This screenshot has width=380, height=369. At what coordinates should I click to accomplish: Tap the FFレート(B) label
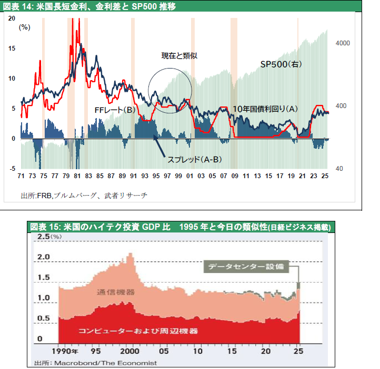115,110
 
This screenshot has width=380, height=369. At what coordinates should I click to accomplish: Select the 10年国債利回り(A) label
265,109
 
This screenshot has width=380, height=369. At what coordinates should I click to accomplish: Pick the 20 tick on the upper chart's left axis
12,17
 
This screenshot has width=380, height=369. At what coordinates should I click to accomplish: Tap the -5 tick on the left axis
12,168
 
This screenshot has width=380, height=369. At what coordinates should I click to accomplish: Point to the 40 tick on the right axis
339,168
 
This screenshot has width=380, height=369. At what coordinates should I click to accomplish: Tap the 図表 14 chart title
89,6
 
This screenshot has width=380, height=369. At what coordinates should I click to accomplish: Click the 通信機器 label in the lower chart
116,292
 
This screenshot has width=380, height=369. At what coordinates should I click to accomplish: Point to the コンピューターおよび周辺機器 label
138,331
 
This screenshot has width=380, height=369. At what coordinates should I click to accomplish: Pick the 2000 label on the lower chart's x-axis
128,351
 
